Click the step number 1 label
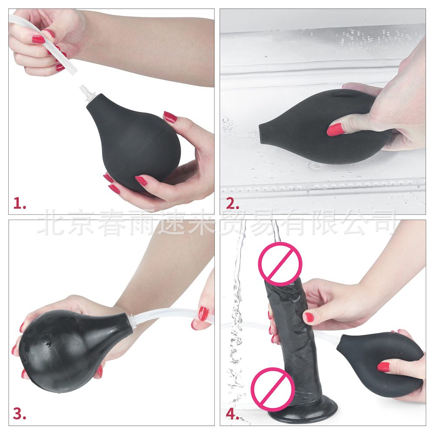pos(20,204)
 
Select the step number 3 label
pos(20,414)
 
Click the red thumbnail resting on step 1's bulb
pos(170,117)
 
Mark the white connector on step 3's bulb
pos(133,321)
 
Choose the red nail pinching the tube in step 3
pos(204,314)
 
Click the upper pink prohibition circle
pos(280,264)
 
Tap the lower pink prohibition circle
pos(273,389)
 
